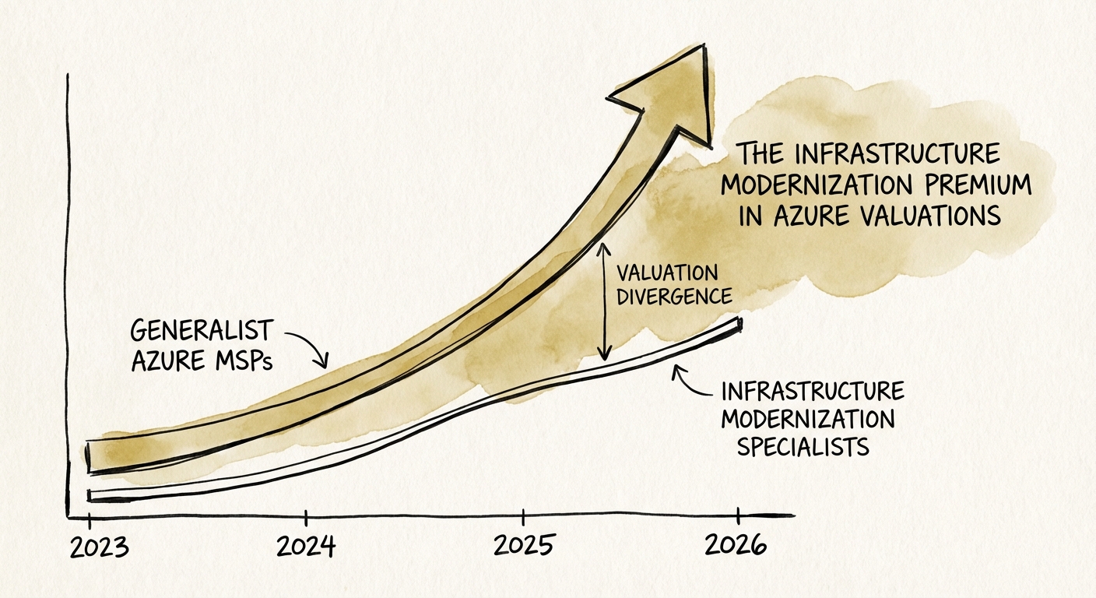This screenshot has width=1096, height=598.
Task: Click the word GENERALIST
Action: pyautogui.click(x=202, y=332)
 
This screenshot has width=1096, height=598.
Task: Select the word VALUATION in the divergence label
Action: pyautogui.click(x=667, y=273)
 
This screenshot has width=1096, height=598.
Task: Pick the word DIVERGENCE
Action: pyautogui.click(x=673, y=297)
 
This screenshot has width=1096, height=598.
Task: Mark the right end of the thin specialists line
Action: pyautogui.click(x=738, y=323)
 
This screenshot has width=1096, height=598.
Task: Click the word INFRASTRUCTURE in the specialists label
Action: pyautogui.click(x=813, y=391)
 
